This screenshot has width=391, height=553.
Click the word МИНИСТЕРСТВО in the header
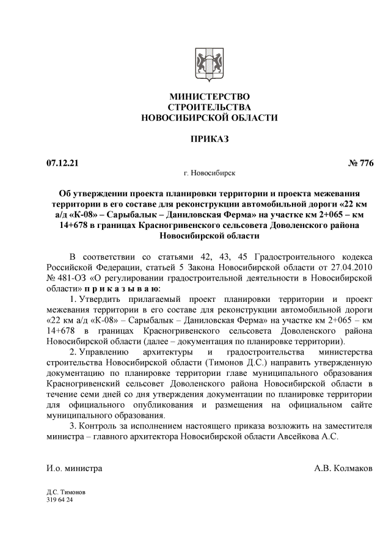tap(209, 97)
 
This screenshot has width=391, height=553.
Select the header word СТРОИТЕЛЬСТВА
tap(209, 108)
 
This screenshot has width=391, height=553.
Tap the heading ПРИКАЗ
tap(209, 140)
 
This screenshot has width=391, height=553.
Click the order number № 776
tap(360, 163)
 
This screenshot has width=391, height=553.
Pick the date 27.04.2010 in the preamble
tap(351, 266)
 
